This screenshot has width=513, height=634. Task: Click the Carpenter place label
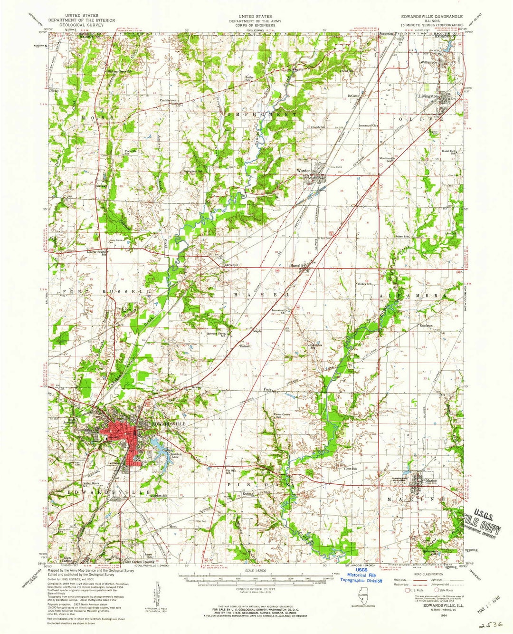click(x=231, y=265)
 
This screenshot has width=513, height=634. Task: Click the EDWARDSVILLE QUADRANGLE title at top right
click(x=431, y=17)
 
